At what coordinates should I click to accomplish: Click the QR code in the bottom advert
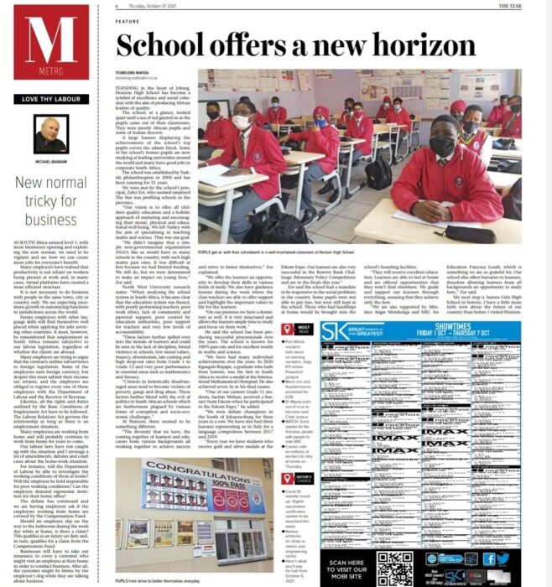394,569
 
